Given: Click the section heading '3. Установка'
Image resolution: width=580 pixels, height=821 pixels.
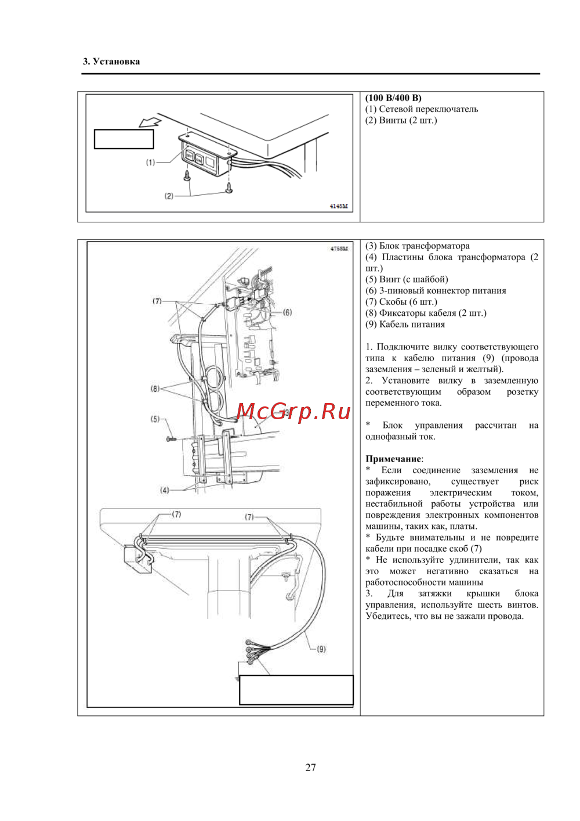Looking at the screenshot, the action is pyautogui.click(x=111, y=61).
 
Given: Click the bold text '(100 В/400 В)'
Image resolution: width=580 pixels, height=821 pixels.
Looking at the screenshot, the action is pyautogui.click(x=393, y=98).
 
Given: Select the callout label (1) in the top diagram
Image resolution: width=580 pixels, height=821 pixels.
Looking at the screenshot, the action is pyautogui.click(x=150, y=163).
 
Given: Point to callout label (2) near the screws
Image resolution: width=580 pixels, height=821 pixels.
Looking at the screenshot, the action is pyautogui.click(x=169, y=196).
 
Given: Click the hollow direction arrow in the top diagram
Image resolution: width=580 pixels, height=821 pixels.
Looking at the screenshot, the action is pyautogui.click(x=150, y=120).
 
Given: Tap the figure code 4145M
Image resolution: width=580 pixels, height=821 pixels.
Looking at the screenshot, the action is pyautogui.click(x=339, y=206).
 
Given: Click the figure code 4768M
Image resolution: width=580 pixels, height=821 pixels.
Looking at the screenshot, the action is pyautogui.click(x=339, y=249).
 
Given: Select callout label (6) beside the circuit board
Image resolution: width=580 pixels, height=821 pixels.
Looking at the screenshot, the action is pyautogui.click(x=288, y=312).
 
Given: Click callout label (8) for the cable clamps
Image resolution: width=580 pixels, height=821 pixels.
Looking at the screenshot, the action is pyautogui.click(x=155, y=388).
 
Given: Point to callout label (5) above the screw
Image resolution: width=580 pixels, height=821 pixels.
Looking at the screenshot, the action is pyautogui.click(x=155, y=419).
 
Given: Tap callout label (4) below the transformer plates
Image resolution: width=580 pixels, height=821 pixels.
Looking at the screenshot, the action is pyautogui.click(x=165, y=489).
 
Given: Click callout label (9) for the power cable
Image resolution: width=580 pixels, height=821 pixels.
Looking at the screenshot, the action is pyautogui.click(x=321, y=649).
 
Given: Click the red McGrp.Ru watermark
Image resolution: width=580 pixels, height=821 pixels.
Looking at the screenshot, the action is pyautogui.click(x=293, y=412).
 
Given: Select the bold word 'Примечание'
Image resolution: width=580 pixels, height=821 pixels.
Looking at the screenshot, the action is pyautogui.click(x=393, y=459).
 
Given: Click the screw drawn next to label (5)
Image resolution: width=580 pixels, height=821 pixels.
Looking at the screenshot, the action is pyautogui.click(x=171, y=438).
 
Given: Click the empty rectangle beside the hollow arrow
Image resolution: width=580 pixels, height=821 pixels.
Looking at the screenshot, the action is pyautogui.click(x=124, y=139).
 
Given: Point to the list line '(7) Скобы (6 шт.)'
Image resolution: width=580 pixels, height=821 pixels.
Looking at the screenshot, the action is pyautogui.click(x=401, y=302).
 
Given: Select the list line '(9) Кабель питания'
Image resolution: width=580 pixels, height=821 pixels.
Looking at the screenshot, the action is pyautogui.click(x=405, y=325).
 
